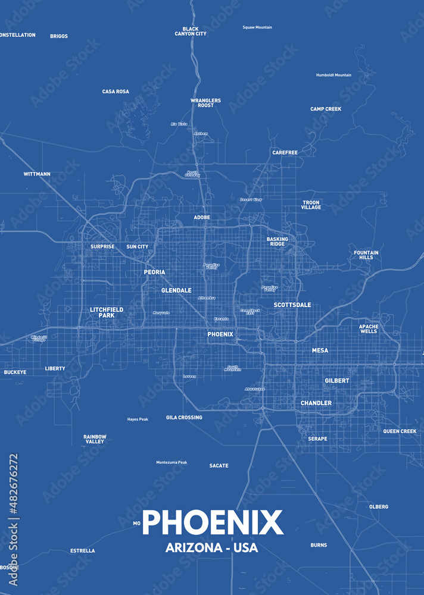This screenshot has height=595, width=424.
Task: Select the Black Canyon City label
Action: [191, 32]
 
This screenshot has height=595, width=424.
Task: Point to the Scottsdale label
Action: [292, 305]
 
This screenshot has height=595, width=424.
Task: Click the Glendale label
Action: [176, 290]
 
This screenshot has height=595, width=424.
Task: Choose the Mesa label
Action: [320, 350]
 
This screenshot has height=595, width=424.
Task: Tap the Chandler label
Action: [316, 403]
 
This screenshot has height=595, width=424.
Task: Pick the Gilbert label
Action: [337, 380]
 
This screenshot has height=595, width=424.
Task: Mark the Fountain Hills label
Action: [366, 255]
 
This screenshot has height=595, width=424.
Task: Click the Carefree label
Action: [285, 152]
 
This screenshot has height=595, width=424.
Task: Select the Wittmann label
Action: [37, 174]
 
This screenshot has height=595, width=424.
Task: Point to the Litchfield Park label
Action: [107, 312]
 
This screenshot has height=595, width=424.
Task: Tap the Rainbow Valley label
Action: [95, 439]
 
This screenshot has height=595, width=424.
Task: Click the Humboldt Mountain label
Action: [333, 75]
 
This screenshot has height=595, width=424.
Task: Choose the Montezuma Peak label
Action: [172, 462]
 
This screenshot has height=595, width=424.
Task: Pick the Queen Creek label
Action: [400, 431]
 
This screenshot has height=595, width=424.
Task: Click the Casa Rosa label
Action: [116, 92]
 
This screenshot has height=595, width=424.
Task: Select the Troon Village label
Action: [311, 205]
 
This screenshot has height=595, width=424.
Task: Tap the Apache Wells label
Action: [369, 328]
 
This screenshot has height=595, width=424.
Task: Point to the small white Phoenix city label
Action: [220, 334]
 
